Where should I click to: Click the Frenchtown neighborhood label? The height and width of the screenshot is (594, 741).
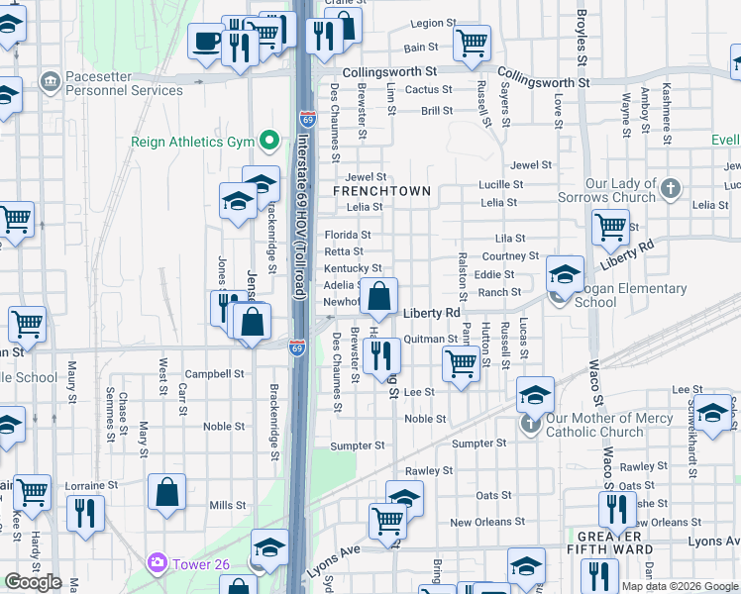381,191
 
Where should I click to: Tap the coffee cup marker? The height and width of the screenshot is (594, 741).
207,43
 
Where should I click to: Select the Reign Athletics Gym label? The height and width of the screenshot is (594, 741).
192,142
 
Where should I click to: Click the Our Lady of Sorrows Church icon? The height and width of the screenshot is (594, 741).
671,187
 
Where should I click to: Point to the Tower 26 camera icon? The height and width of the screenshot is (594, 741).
157,564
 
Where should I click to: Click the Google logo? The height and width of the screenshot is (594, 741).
33,582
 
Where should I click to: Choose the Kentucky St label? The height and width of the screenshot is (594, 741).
353,268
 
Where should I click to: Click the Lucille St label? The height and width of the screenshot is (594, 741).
500,185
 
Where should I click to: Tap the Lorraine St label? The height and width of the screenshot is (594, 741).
91,487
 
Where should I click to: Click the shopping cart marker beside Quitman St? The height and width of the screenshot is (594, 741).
461,362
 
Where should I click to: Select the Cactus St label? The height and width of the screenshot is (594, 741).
429,90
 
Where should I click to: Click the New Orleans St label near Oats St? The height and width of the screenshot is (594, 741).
484,523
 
